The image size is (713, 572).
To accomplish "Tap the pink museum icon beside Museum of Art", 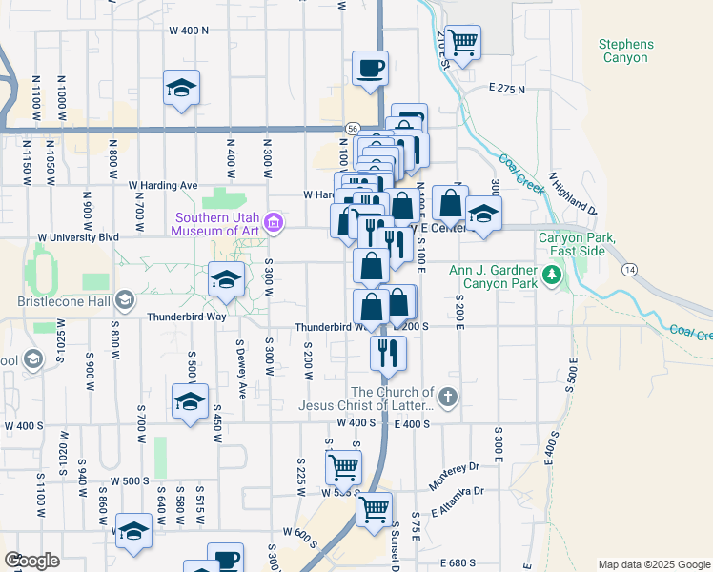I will [275, 224].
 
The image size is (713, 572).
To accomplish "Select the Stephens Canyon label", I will [626, 51].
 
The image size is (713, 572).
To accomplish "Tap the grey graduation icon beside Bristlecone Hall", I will [124, 302].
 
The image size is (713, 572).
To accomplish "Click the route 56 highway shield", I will [352, 128].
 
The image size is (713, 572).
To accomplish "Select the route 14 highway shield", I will [630, 271].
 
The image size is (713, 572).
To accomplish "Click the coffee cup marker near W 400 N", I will [370, 69].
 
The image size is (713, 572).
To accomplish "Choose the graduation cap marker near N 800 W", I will [180, 89].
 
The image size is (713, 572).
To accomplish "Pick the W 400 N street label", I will [188, 31].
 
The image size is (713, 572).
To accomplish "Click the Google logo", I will [32, 561].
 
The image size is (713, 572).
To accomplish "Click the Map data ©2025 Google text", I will [653, 564].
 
